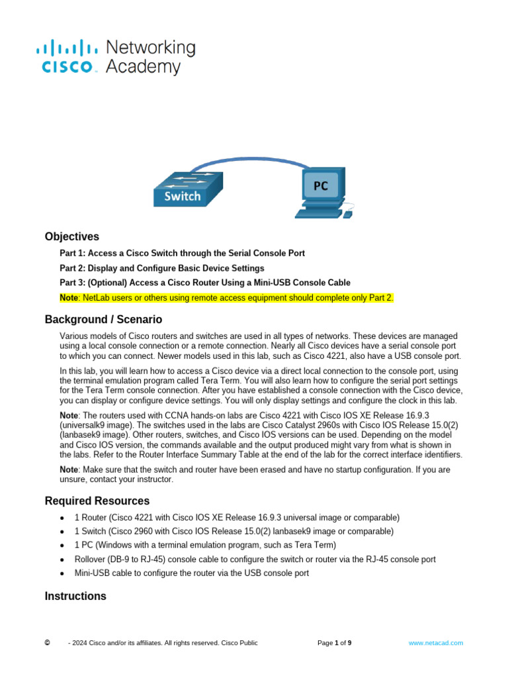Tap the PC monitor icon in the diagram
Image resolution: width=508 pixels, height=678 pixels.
pyautogui.click(x=320, y=188)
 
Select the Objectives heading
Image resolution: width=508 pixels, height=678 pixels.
pyautogui.click(x=71, y=236)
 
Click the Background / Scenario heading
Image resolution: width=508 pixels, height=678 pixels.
pyautogui.click(x=103, y=319)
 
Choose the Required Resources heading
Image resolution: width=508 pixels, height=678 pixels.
pyautogui.click(x=97, y=501)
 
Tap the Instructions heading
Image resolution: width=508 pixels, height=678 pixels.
pyautogui.click(x=75, y=596)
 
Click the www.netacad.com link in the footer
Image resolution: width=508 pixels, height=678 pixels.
pyautogui.click(x=435, y=643)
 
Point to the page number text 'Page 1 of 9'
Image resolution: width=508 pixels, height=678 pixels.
pyautogui.click(x=334, y=643)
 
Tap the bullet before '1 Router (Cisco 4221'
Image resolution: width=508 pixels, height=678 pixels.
pyautogui.click(x=62, y=517)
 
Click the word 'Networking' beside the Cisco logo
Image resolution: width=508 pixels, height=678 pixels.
pyautogui.click(x=151, y=48)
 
